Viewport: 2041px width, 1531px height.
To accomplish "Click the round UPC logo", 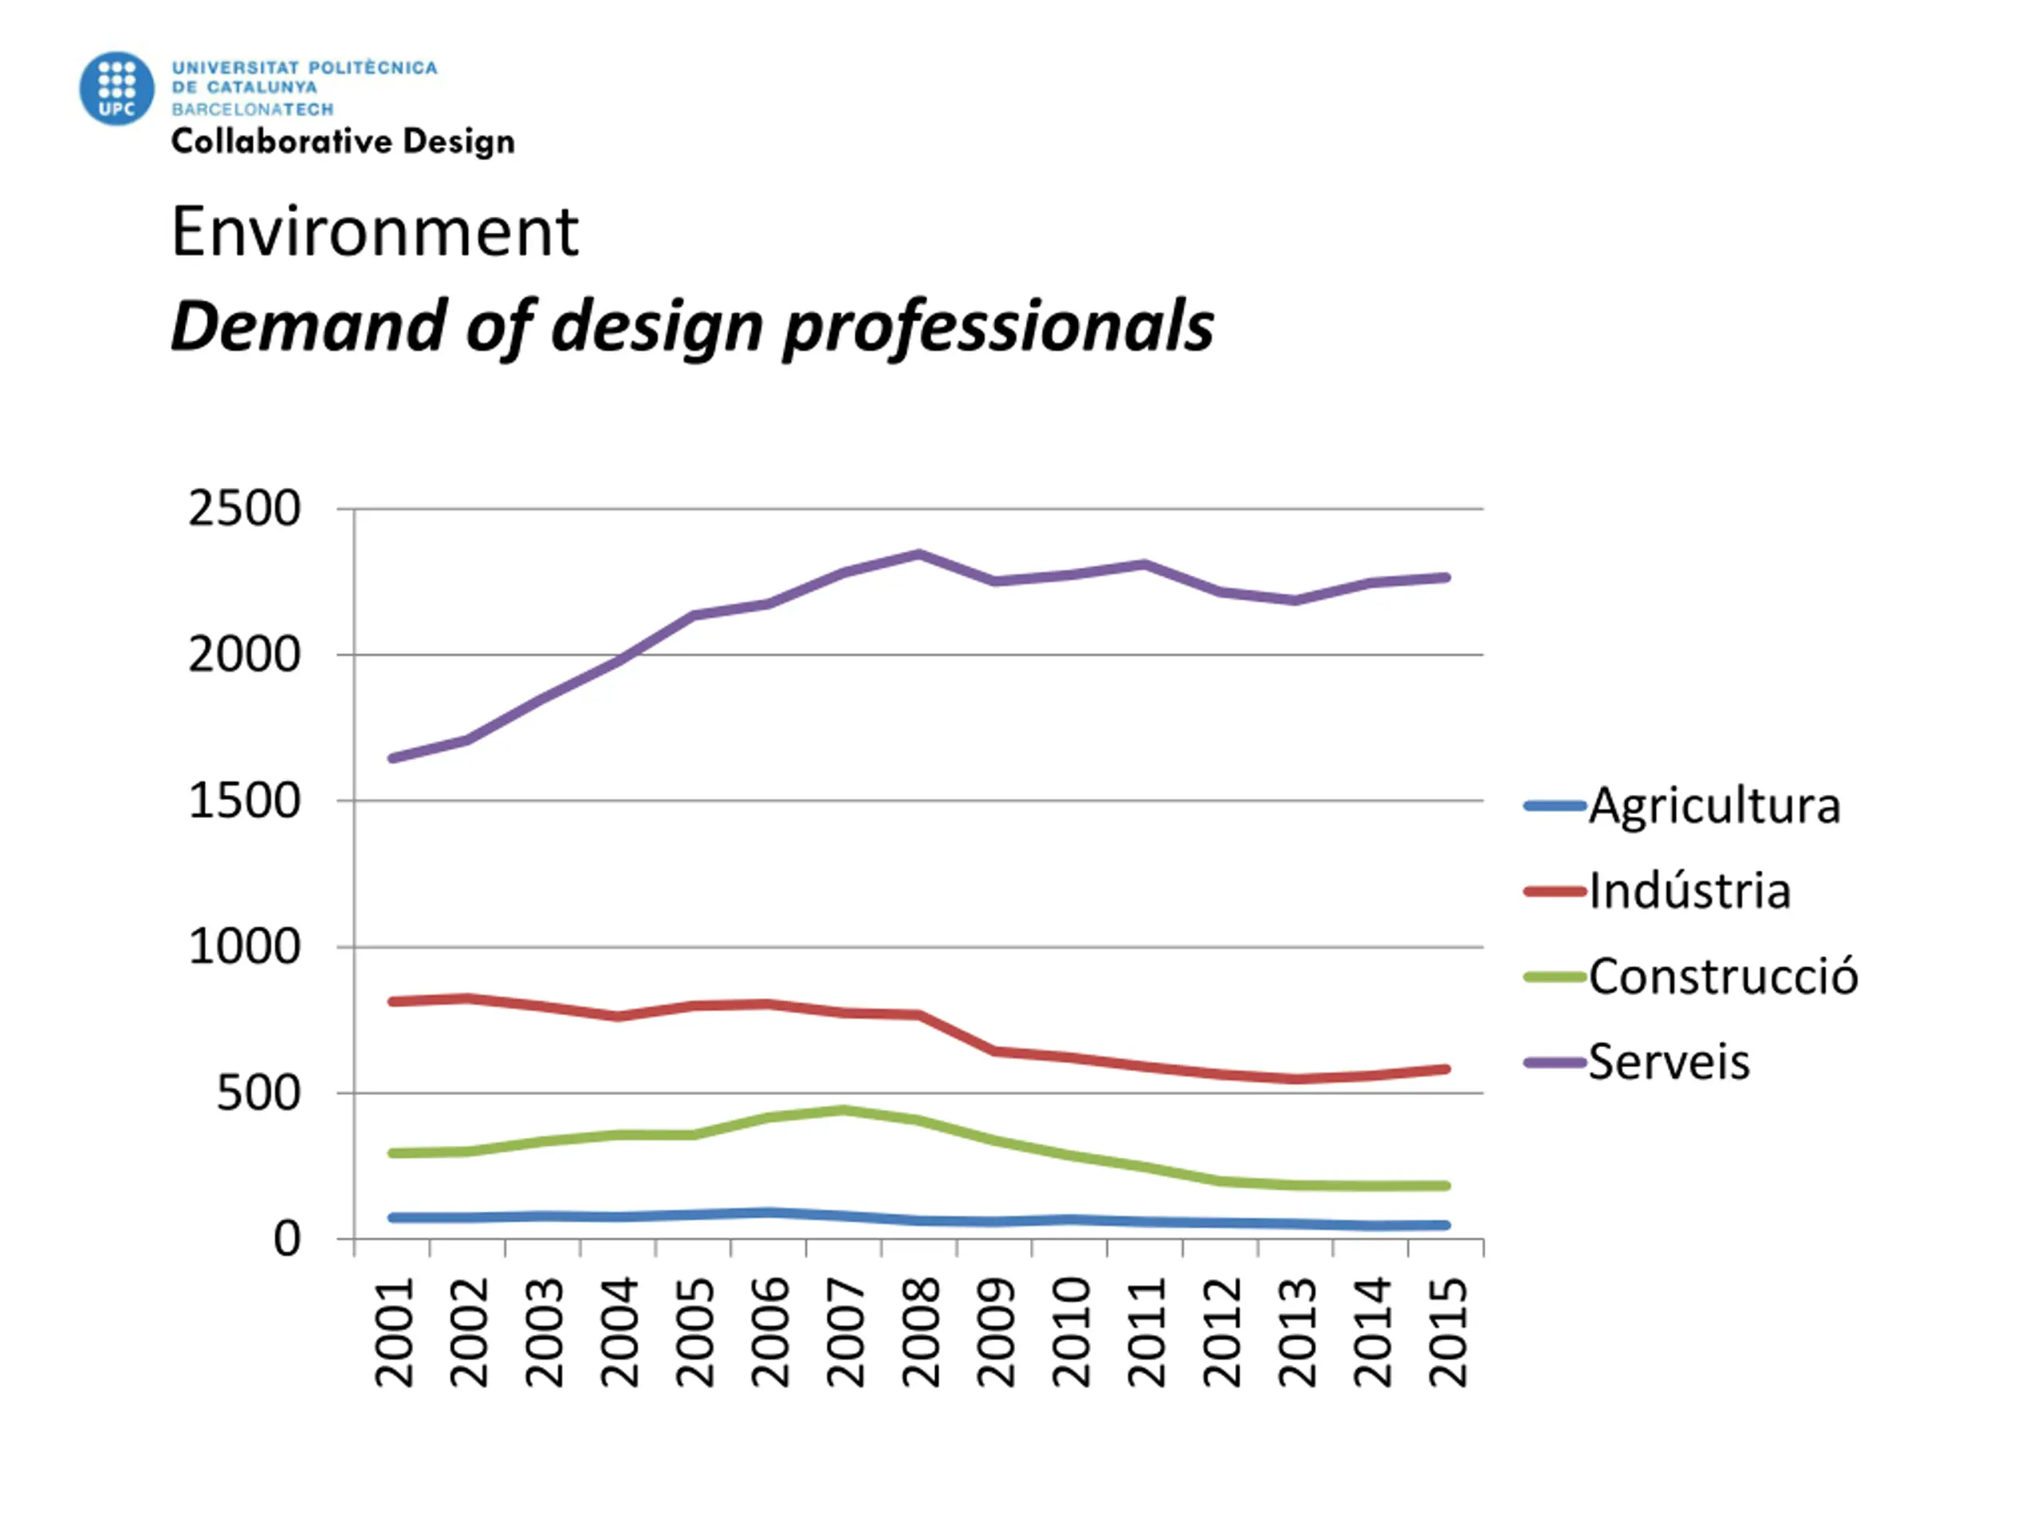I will pos(116,89).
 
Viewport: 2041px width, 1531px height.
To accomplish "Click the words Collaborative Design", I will pos(342,142).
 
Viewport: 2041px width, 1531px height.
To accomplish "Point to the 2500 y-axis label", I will pos(245,509).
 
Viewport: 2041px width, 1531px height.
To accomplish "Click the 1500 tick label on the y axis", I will pos(245,801).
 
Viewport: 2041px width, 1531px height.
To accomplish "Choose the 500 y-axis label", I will pos(258,1093).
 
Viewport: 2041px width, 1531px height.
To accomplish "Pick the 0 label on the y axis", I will pos(287,1239).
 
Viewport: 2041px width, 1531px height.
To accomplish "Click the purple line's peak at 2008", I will pos(919,553).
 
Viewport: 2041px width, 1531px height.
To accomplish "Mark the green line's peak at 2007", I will pos(844,1109).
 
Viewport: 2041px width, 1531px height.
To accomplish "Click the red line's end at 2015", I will pos(1446,1069).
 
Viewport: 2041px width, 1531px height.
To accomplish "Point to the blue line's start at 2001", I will pos(394,1218).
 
